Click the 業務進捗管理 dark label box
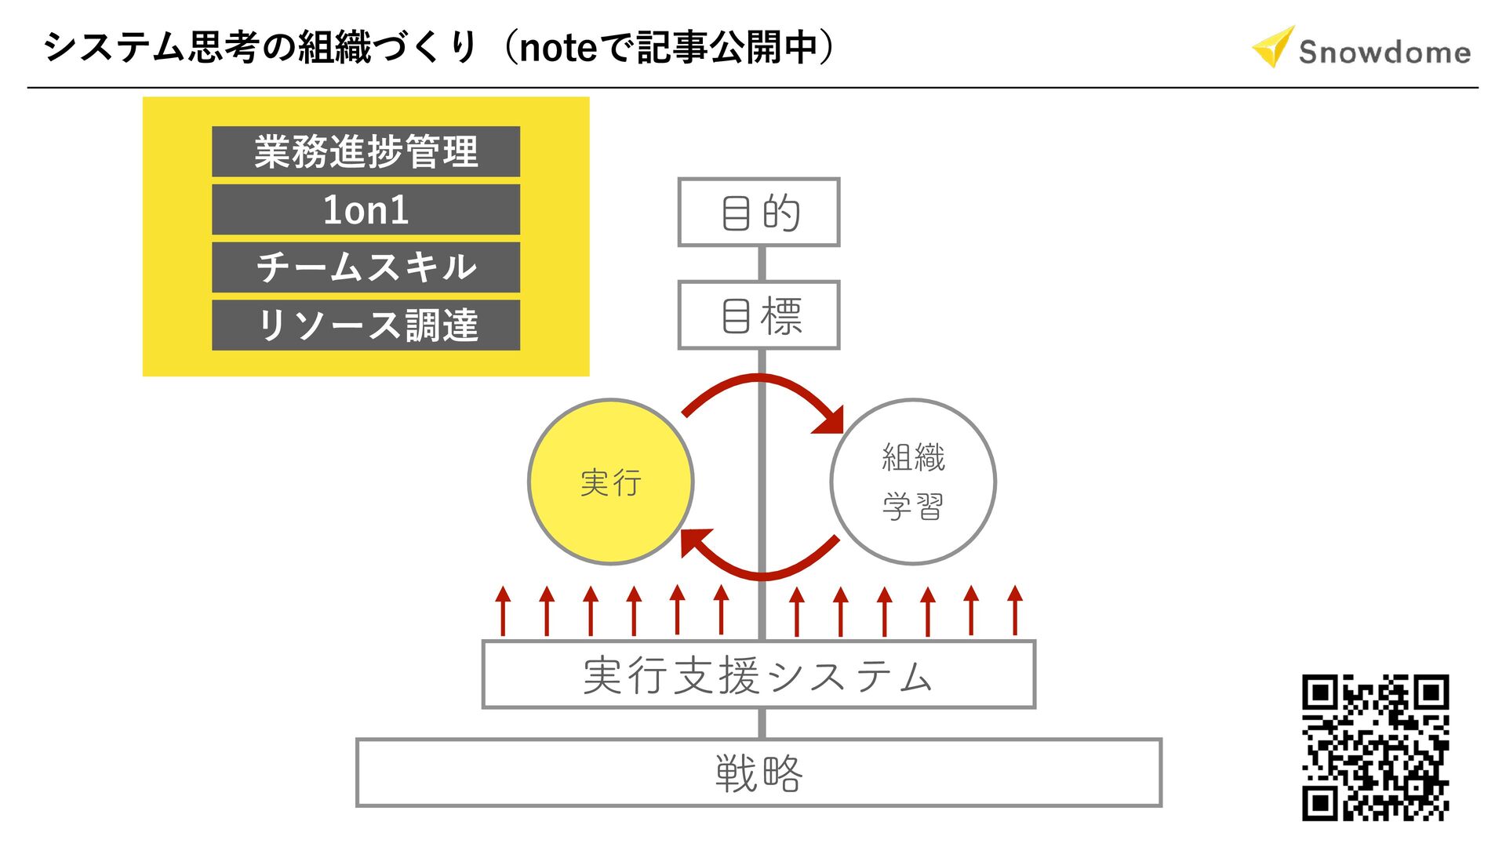(366, 151)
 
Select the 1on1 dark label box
(366, 209)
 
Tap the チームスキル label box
(366, 267)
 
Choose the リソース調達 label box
(366, 325)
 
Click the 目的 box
(758, 213)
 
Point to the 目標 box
(758, 315)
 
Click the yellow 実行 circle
(611, 482)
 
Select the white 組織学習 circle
(913, 482)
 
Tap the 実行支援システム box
(758, 675)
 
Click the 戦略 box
(758, 772)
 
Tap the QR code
(1375, 747)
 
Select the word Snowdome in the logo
(1384, 53)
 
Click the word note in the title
(558, 48)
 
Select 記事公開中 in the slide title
(726, 47)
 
